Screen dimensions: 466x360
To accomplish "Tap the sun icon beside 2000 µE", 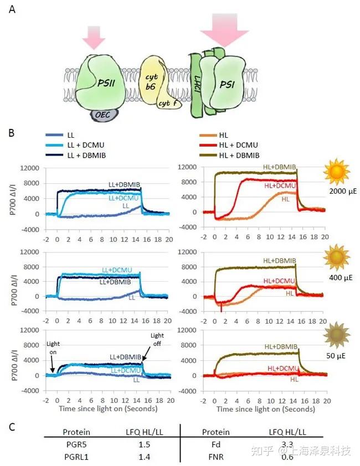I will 337,173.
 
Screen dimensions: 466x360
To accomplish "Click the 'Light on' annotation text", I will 54,348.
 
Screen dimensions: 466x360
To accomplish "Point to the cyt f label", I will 165,103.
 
